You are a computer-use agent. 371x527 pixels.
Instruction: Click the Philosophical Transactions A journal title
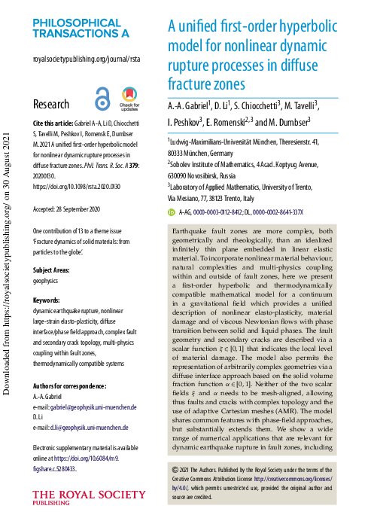81,29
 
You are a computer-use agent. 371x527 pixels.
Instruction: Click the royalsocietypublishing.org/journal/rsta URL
87,59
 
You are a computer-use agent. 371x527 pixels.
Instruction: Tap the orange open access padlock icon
102,99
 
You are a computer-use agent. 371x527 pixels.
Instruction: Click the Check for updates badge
129,99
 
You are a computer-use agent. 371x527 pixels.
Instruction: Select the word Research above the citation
51,104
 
